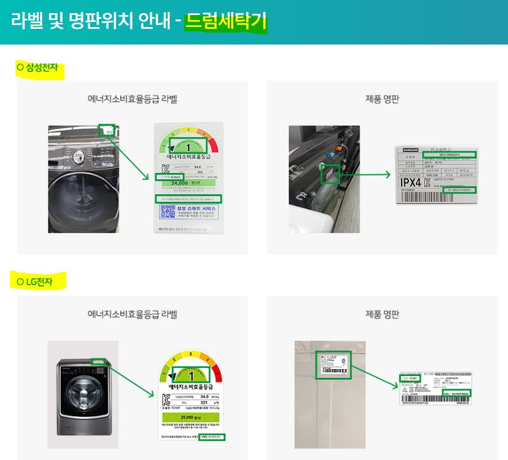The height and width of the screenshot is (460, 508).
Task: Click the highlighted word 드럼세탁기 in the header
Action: pyautogui.click(x=226, y=22)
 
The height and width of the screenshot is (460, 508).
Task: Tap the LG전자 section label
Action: pyautogui.click(x=39, y=281)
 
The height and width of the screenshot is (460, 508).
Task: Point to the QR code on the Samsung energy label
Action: pyautogui.click(x=166, y=212)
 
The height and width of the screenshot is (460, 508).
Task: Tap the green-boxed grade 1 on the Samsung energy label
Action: pyautogui.click(x=188, y=147)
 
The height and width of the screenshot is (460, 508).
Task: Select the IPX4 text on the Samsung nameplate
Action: pyautogui.click(x=413, y=182)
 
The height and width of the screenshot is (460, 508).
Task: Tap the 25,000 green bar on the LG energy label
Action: pyautogui.click(x=188, y=417)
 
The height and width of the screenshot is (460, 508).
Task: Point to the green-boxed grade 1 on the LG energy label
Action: pyautogui.click(x=189, y=375)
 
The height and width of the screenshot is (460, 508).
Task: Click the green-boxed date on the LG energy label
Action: pyautogui.click(x=213, y=437)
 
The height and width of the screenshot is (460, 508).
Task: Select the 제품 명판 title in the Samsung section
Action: pyautogui.click(x=382, y=99)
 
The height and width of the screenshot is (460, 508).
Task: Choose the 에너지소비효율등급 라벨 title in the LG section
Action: pyautogui.click(x=132, y=314)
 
